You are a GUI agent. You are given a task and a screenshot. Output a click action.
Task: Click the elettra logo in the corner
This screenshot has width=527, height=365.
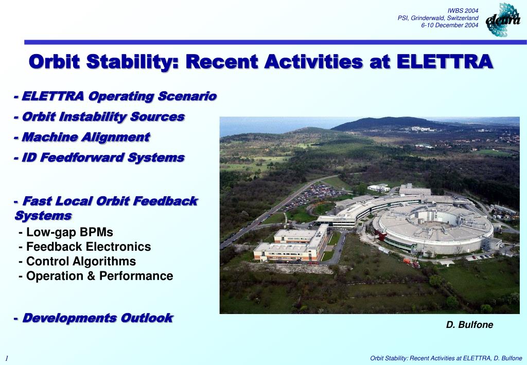tap(503, 20)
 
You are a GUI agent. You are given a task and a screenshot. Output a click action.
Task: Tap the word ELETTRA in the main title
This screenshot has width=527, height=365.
tap(445, 62)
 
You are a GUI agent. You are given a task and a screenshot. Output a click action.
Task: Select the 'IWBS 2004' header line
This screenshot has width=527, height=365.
tap(463, 11)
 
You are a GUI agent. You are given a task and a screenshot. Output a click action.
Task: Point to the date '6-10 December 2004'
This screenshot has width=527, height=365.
tap(450, 25)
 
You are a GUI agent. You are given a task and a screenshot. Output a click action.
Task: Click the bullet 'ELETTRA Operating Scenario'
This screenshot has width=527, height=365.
tap(115, 96)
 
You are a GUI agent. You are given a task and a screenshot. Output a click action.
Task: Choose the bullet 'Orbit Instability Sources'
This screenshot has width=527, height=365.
tap(99, 117)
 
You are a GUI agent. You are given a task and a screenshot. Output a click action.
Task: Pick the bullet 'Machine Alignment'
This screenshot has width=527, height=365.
tap(82, 137)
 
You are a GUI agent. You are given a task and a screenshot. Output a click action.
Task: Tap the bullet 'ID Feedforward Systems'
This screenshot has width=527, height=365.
tap(99, 158)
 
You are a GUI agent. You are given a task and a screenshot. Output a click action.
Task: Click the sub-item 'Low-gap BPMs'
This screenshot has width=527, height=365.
tap(66, 232)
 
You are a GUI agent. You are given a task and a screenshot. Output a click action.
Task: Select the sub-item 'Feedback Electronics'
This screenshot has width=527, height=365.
tap(85, 247)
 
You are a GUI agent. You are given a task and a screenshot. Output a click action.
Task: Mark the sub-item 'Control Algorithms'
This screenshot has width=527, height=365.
tap(78, 262)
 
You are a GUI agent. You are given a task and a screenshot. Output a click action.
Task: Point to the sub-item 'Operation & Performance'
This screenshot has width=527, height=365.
tap(96, 276)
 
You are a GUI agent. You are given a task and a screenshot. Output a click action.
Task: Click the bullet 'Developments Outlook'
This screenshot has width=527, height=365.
tap(94, 318)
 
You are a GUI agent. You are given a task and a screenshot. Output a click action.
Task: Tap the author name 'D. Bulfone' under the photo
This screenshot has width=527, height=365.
tap(469, 325)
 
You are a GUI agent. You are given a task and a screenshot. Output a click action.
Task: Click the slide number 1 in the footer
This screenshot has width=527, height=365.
tap(7, 358)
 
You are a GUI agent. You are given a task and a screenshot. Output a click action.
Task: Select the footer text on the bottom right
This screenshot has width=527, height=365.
tap(446, 358)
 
